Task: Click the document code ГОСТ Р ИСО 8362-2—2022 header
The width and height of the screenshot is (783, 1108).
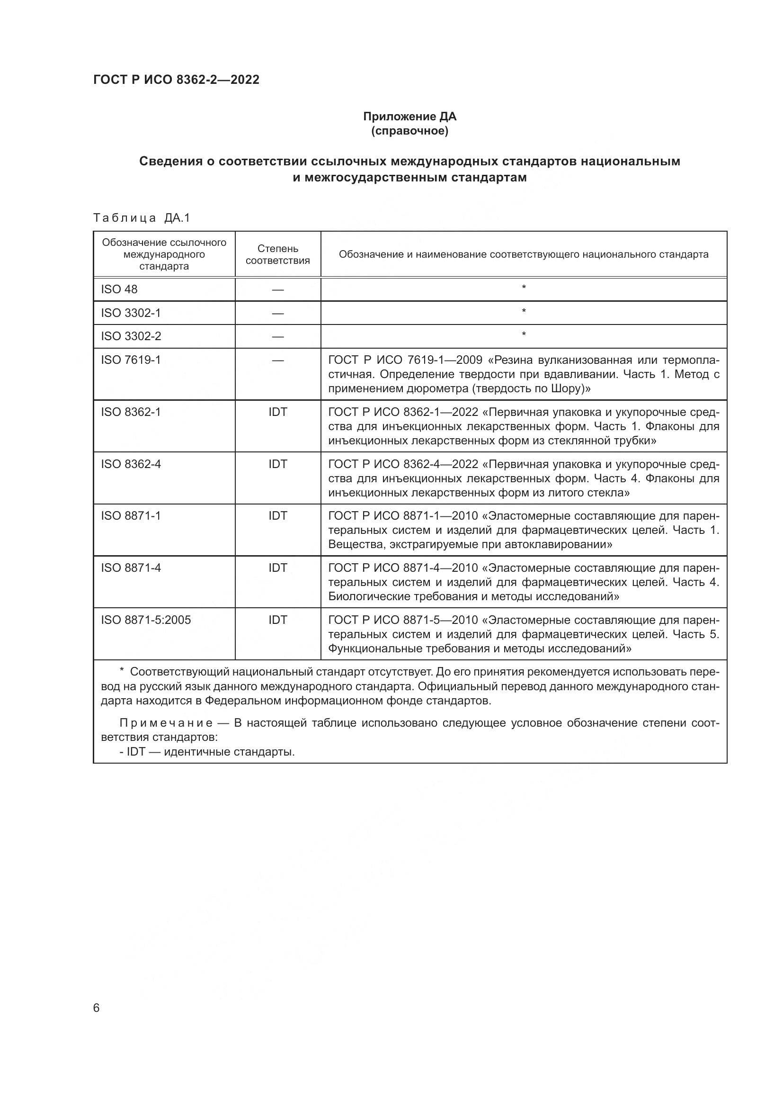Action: tap(176, 80)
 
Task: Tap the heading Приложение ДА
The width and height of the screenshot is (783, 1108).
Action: tap(409, 117)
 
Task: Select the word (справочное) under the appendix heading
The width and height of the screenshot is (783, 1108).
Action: tap(409, 131)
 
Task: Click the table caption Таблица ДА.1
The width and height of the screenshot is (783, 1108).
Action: tap(142, 218)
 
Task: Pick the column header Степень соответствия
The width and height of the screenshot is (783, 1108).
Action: tap(278, 254)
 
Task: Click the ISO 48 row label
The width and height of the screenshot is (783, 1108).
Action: tap(119, 289)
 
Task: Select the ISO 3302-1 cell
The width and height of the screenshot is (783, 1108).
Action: tap(131, 313)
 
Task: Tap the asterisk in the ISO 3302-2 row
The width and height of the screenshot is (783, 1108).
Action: tap(524, 334)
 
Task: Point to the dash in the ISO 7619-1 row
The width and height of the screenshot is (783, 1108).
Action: tap(278, 360)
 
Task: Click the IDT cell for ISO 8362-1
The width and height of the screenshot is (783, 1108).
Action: tap(278, 412)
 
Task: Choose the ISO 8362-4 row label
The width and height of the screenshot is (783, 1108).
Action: tap(131, 464)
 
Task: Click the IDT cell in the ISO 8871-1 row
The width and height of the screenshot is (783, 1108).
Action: tap(278, 515)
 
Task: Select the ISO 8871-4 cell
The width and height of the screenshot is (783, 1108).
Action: tap(131, 568)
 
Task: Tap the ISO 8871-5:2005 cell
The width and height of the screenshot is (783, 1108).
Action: tap(146, 620)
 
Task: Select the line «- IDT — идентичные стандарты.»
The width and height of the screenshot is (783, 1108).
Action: tap(207, 751)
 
